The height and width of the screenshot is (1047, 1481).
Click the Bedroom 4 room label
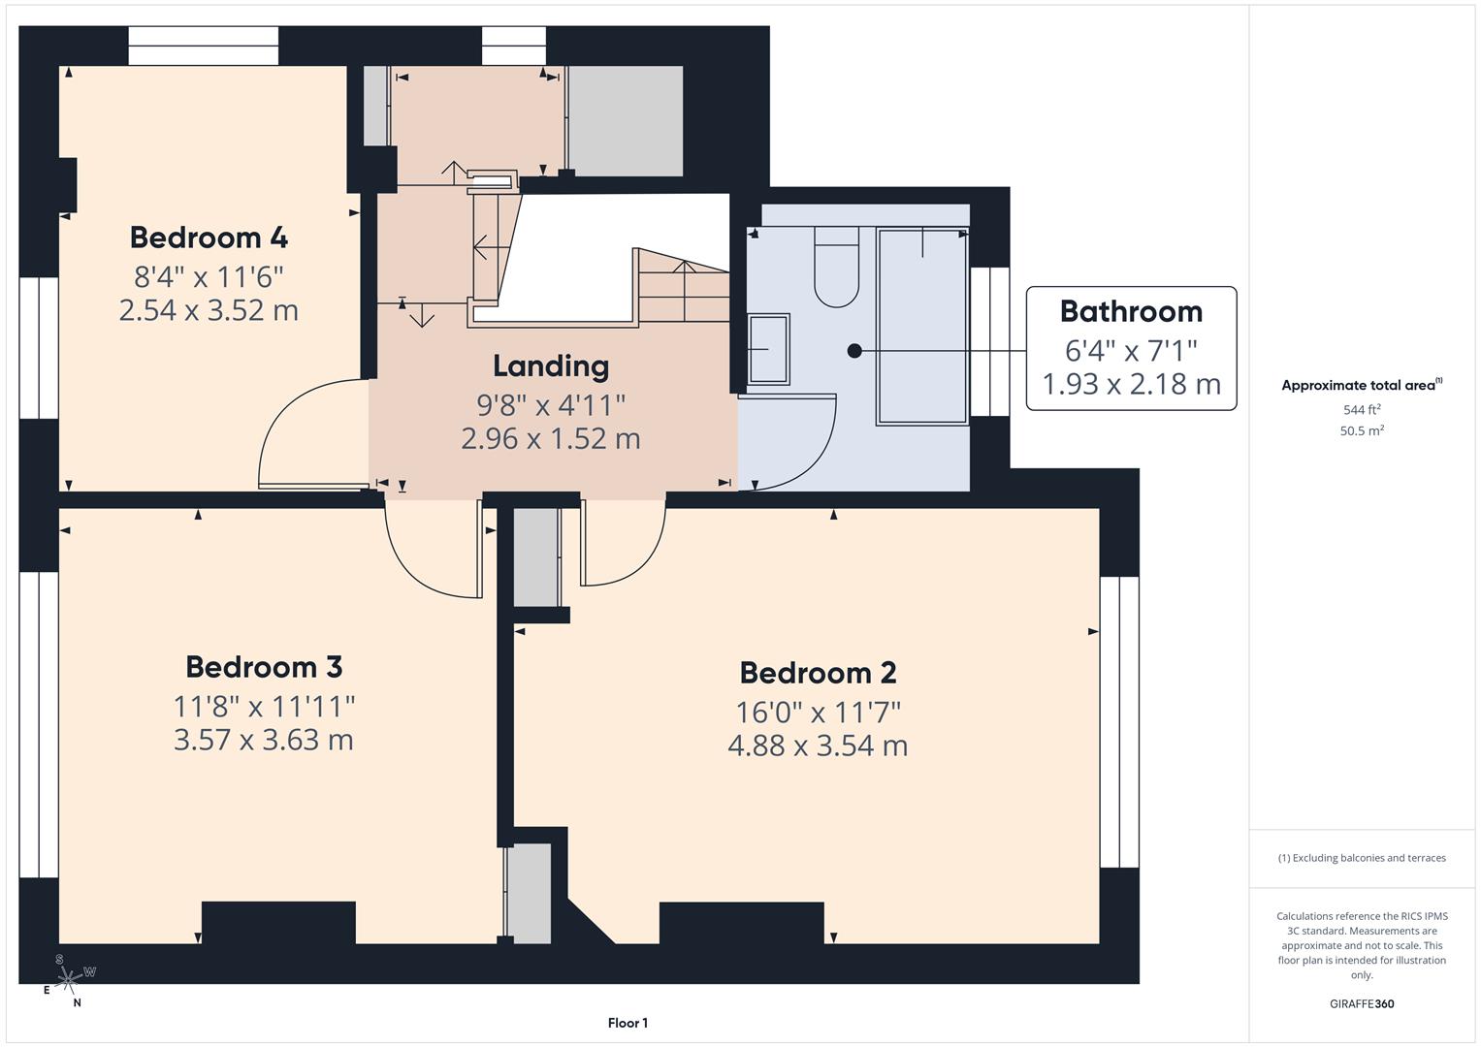(x=209, y=238)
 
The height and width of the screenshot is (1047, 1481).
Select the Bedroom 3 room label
(x=264, y=667)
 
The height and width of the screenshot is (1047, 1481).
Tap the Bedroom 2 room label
(x=818, y=673)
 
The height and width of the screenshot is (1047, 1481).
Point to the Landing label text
(x=551, y=365)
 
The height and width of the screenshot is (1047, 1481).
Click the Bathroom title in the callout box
(x=1131, y=311)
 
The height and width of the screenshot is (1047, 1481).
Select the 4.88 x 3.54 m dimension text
(x=818, y=746)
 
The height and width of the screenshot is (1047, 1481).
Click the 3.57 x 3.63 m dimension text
(x=264, y=740)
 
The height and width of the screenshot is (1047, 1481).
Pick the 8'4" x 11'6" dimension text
(x=209, y=277)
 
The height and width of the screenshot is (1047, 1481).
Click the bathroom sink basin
(x=768, y=348)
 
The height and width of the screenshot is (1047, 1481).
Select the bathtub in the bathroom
(x=922, y=326)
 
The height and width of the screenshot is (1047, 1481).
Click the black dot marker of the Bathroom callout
(x=853, y=351)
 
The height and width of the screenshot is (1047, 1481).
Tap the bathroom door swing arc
(x=795, y=446)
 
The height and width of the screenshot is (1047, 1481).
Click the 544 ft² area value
(x=1362, y=410)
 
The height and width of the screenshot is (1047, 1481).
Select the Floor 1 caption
(x=628, y=1023)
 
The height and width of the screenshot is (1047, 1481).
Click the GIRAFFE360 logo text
(x=1362, y=1003)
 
